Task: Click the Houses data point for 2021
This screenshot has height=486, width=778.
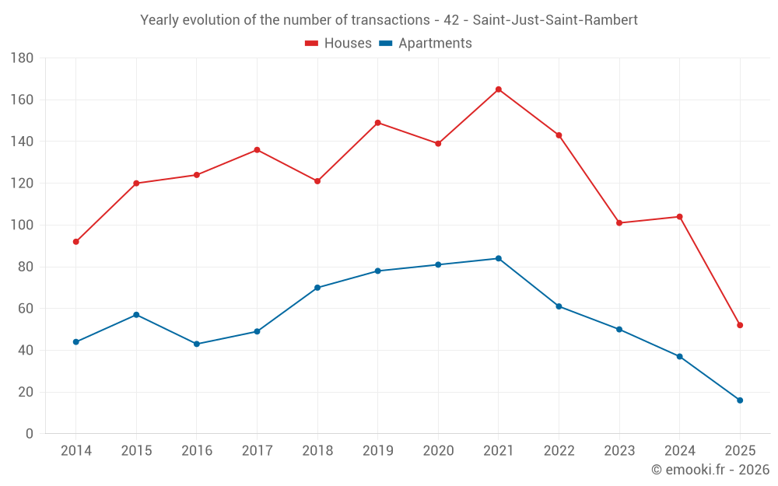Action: (x=499, y=89)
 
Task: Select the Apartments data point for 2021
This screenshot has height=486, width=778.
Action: (x=499, y=258)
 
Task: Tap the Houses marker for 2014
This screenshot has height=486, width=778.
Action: (x=76, y=242)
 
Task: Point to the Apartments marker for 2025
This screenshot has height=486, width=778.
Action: (x=740, y=400)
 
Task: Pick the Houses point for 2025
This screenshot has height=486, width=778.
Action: (x=740, y=325)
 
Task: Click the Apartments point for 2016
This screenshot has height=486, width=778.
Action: (x=197, y=344)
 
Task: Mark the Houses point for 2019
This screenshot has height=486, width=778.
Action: (x=378, y=123)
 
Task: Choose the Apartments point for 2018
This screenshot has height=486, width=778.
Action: (x=317, y=288)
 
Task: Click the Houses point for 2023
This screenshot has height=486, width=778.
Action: (x=619, y=223)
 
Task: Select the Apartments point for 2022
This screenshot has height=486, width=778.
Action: (x=559, y=306)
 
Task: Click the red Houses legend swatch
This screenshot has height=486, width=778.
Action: (x=311, y=44)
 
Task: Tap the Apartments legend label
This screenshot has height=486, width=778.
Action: (x=435, y=44)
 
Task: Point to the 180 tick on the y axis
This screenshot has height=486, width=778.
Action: (x=22, y=58)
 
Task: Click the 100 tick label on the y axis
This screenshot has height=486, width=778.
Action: (x=22, y=226)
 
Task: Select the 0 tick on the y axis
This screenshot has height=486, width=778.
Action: (x=29, y=434)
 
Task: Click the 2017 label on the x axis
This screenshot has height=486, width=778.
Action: (x=257, y=451)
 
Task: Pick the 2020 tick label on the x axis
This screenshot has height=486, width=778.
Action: (x=438, y=451)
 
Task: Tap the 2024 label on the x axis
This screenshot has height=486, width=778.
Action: (x=679, y=451)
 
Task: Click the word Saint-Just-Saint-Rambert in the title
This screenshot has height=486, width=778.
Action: (x=555, y=20)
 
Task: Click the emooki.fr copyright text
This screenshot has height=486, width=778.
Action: (x=710, y=470)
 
